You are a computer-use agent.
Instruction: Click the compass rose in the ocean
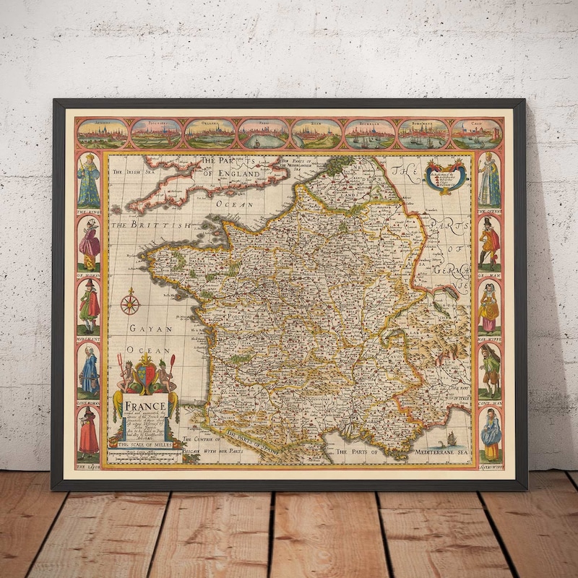click(x=130, y=302)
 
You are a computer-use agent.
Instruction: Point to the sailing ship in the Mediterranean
click(x=451, y=438)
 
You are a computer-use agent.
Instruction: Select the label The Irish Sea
click(x=133, y=171)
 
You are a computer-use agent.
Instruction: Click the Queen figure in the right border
click(x=489, y=181)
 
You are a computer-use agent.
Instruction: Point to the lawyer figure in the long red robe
click(x=89, y=433)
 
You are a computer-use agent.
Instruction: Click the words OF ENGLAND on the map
click(x=230, y=174)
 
